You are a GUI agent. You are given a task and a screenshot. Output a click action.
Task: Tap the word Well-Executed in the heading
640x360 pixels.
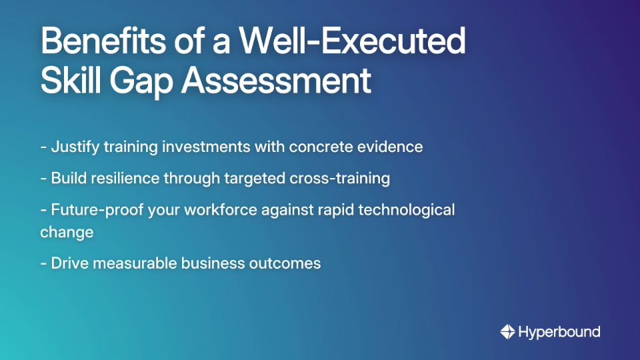click(x=353, y=42)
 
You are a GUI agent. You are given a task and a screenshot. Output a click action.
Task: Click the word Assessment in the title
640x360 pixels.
click(x=277, y=81)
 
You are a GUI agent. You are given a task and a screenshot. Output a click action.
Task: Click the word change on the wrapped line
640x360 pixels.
click(x=67, y=232)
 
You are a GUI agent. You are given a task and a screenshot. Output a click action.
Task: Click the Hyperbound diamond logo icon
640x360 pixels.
click(x=507, y=331)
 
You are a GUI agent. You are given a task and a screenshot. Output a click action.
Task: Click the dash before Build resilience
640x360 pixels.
click(x=43, y=179)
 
